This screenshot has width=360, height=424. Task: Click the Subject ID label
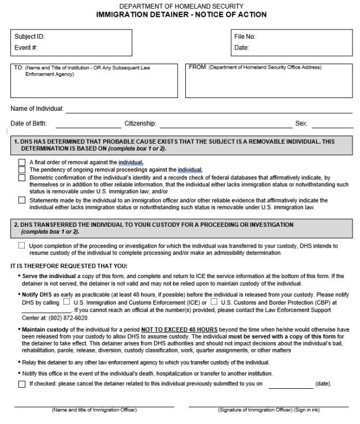[29, 36]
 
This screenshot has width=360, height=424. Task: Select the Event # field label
[27, 48]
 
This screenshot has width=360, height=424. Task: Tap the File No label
[245, 36]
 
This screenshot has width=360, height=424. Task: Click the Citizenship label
[140, 123]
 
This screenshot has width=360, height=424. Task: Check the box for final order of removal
[22, 163]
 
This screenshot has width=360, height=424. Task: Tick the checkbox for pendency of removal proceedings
[22, 170]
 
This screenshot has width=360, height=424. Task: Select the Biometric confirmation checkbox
[22, 178]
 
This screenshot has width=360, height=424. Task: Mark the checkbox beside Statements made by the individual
[22, 201]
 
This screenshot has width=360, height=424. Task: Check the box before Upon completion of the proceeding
[22, 246]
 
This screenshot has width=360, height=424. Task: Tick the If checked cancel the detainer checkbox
[22, 384]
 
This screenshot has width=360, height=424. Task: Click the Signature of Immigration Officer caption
[268, 410]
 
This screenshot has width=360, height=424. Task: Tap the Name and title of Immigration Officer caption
[94, 410]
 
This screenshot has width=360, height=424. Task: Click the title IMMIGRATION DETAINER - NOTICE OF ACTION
[173, 14]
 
